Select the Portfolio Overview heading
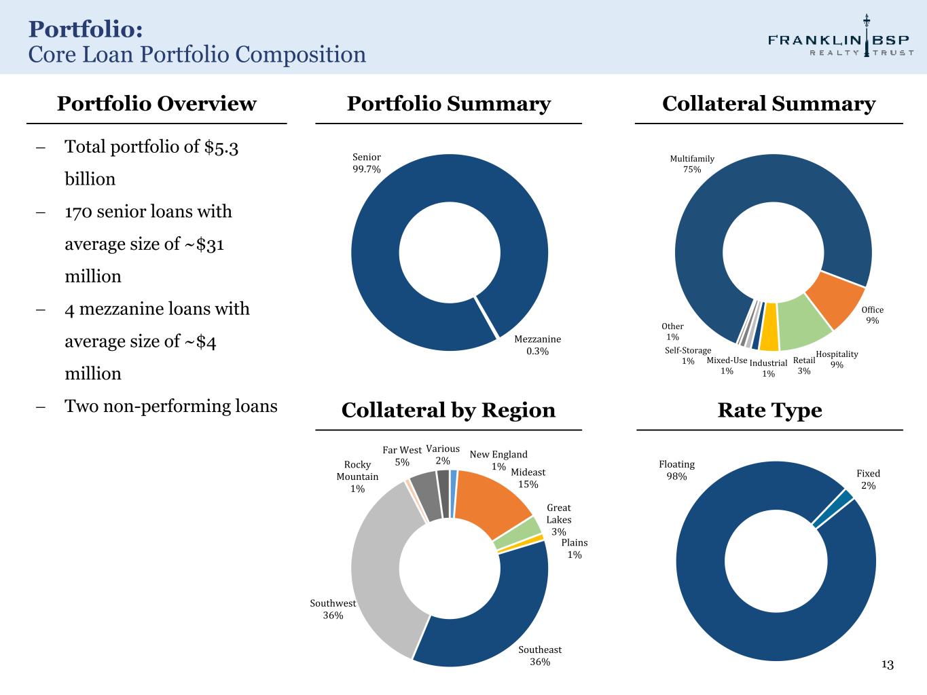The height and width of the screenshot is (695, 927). (156, 104)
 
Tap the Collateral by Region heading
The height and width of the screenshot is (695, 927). (448, 410)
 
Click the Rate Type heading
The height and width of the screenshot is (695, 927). (769, 410)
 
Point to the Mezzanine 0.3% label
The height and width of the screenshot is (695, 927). (537, 345)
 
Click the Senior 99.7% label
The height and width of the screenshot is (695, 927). (366, 163)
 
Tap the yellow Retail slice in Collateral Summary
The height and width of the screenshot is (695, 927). (769, 335)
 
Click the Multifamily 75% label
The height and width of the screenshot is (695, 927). (692, 164)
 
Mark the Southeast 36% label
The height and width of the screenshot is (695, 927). (540, 656)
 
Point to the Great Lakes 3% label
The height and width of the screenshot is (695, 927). (559, 519)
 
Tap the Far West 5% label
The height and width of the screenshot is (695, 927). (402, 456)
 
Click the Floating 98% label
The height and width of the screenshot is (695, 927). (676, 470)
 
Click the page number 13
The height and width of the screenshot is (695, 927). (888, 664)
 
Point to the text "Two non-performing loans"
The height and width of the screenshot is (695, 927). (170, 407)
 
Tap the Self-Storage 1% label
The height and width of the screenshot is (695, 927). (688, 356)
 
